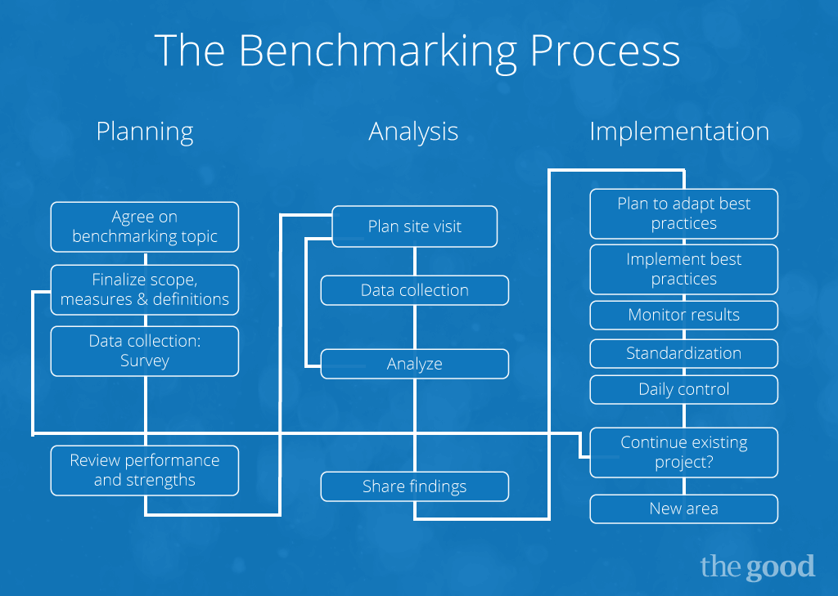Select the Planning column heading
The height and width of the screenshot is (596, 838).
145,132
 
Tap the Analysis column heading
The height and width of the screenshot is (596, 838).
413,132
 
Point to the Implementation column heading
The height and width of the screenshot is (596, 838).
679,131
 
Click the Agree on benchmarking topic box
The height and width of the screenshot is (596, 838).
145,226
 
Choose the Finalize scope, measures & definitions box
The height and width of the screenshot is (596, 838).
145,290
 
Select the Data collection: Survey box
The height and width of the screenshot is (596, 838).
145,351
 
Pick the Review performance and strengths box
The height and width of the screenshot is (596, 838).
145,470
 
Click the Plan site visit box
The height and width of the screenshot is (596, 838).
415,226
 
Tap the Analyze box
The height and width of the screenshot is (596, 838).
415,364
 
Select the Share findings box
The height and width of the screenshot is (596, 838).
415,486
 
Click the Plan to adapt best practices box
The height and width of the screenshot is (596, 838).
684,213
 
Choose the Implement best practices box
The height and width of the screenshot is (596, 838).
684,269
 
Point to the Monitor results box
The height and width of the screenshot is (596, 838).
684,315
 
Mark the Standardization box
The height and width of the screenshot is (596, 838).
684,353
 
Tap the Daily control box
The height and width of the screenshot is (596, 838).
684,389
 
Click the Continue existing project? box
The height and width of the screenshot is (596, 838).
684,452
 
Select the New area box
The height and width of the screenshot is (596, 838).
684,509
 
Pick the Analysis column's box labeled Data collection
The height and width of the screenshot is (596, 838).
415,290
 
